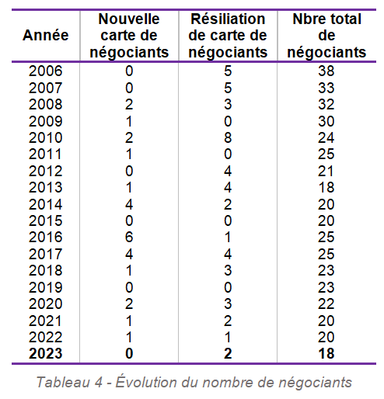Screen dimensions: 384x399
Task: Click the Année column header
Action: click(x=46, y=35)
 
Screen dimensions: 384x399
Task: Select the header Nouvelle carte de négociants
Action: click(x=129, y=36)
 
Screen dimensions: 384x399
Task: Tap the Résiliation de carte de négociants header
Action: click(x=228, y=36)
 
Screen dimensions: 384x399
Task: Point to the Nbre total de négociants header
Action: click(x=326, y=36)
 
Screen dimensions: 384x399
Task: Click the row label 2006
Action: click(x=46, y=71)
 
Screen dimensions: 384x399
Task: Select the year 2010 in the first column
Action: click(x=46, y=137)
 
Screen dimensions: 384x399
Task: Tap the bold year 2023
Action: click(x=46, y=353)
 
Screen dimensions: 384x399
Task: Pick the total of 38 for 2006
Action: click(x=326, y=71)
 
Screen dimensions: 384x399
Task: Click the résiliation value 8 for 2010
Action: click(x=228, y=137)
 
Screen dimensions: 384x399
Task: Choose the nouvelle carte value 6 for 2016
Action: click(x=129, y=237)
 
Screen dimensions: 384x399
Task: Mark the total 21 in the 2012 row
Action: click(x=326, y=171)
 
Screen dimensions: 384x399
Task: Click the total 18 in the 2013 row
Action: click(x=326, y=187)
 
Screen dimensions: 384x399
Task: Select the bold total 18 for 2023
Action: click(x=326, y=353)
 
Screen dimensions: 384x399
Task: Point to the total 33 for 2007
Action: click(x=326, y=88)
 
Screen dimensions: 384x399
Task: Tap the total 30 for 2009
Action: click(x=326, y=121)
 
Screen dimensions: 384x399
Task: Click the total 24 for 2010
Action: click(x=326, y=137)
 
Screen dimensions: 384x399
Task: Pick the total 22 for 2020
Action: click(x=326, y=304)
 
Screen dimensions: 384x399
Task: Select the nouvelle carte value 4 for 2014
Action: click(x=129, y=204)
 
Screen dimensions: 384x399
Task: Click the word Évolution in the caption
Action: click(x=146, y=382)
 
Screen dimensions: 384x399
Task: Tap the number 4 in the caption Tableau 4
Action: click(x=99, y=383)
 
